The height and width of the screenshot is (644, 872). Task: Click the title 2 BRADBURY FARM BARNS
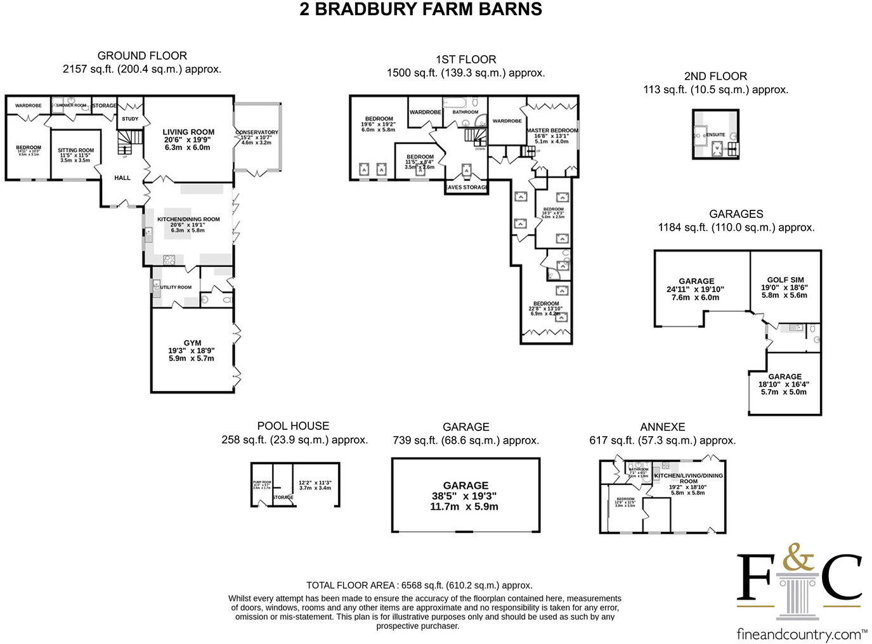pyautogui.click(x=420, y=10)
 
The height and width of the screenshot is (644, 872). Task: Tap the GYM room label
pyautogui.click(x=192, y=343)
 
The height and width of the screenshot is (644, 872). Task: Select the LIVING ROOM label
pyautogui.click(x=188, y=132)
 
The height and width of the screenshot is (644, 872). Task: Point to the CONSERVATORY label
pyautogui.click(x=256, y=132)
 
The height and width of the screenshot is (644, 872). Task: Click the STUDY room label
pyautogui.click(x=130, y=119)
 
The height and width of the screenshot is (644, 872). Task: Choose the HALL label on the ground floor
pyautogui.click(x=122, y=178)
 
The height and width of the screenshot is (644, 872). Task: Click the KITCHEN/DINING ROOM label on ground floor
pyautogui.click(x=188, y=219)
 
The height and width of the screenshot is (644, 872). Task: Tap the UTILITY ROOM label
pyautogui.click(x=176, y=287)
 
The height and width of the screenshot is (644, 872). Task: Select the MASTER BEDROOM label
pyautogui.click(x=552, y=131)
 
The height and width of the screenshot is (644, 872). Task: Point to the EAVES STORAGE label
pyautogui.click(x=466, y=188)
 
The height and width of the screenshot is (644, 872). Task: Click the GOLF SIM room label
pyautogui.click(x=785, y=280)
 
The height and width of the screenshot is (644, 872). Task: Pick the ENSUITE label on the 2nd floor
pyautogui.click(x=715, y=135)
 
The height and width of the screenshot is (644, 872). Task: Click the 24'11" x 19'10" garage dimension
pyautogui.click(x=696, y=289)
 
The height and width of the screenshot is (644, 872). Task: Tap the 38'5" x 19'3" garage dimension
pyautogui.click(x=465, y=496)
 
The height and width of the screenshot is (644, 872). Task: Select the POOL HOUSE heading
pyautogui.click(x=293, y=426)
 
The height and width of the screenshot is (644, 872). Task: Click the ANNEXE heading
pyautogui.click(x=662, y=427)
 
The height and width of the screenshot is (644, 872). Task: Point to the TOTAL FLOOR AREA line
pyautogui.click(x=419, y=586)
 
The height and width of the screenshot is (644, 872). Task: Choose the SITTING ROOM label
pyautogui.click(x=75, y=151)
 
